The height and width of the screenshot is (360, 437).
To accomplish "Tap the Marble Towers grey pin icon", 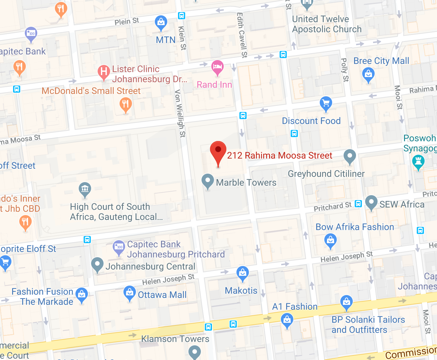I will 208,180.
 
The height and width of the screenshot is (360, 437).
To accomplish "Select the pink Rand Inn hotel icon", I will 217,67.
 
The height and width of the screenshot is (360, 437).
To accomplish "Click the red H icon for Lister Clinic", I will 104,71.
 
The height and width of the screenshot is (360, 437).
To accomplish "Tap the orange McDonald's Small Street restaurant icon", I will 125,105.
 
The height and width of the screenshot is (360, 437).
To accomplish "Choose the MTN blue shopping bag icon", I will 161,23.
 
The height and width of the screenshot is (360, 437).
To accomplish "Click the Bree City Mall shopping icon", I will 368,74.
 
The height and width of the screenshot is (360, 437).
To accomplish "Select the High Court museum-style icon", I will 85,189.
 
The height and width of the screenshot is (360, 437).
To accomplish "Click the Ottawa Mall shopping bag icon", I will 130,292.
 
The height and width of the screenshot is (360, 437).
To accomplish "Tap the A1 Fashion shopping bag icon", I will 287,320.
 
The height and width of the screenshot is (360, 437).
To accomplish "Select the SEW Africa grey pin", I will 371,202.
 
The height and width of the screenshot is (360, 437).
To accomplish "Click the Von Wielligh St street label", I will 180,113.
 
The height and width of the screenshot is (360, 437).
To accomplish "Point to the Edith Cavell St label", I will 242,35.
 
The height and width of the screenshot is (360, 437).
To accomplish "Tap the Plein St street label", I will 127,22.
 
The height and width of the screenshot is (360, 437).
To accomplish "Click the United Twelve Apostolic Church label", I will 327,24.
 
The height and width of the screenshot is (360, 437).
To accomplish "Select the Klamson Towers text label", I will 175,339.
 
